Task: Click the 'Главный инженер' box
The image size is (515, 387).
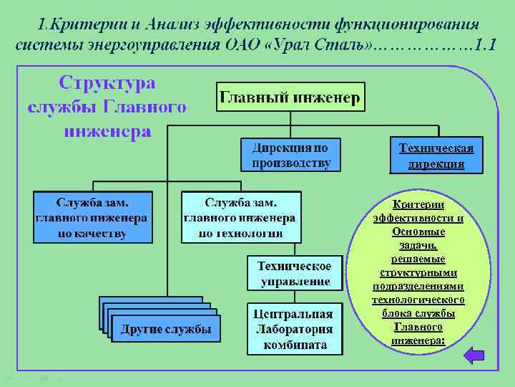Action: pos(290,97)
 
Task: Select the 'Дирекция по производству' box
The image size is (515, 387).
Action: pos(291,156)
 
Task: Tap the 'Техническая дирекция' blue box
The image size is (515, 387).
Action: pos(436,156)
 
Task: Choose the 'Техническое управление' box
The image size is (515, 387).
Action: pos(295,273)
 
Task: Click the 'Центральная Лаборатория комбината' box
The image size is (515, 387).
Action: pos(295,329)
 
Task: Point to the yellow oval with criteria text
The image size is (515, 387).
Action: pos(418,272)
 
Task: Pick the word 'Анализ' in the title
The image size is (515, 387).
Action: pos(171,23)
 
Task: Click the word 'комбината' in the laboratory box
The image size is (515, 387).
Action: pos(295,345)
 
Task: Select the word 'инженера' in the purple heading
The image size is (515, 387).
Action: pos(107,130)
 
